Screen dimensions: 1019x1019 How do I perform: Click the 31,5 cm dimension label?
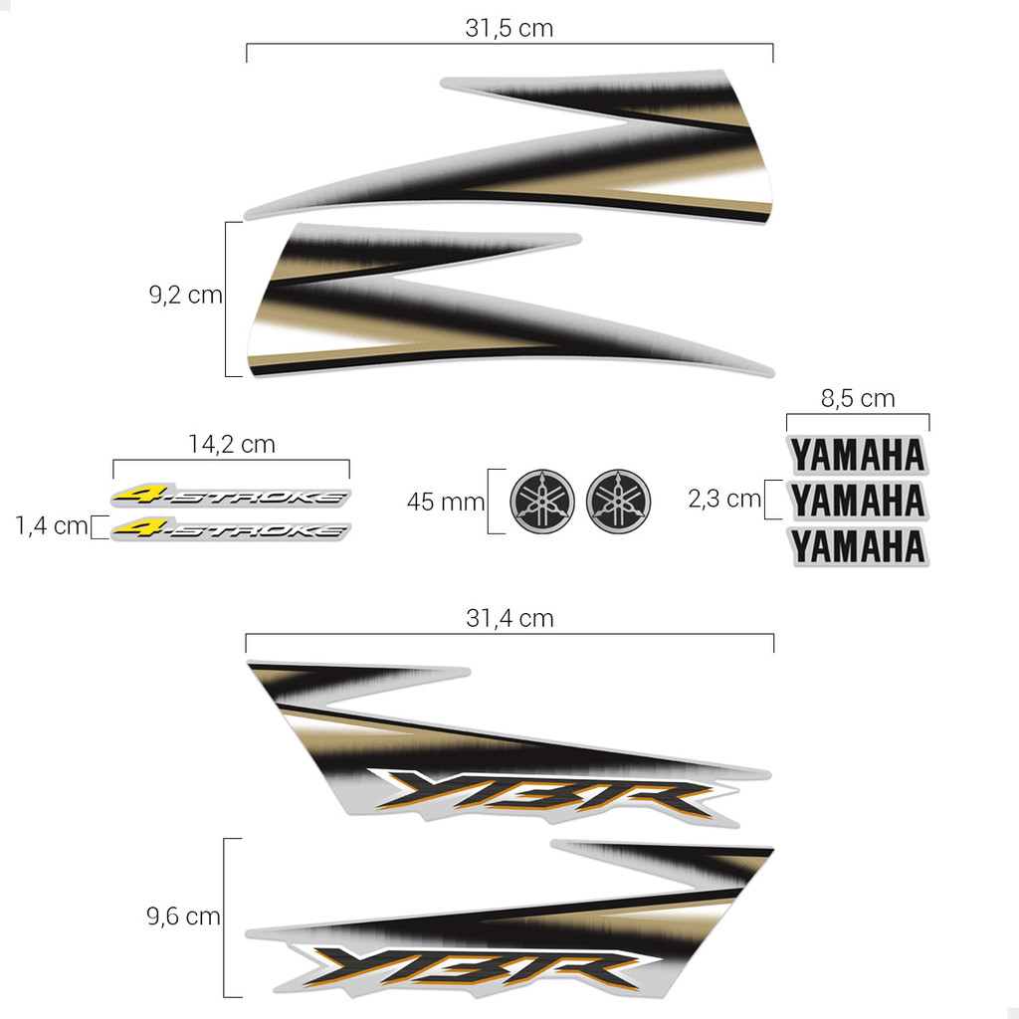click(509, 28)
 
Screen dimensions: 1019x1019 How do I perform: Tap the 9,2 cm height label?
click(185, 295)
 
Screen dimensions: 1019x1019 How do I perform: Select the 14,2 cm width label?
click(231, 444)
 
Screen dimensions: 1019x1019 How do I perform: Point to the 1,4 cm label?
click(52, 525)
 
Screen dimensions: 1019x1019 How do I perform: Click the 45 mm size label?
click(446, 502)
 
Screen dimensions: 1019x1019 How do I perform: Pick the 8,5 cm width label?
click(858, 398)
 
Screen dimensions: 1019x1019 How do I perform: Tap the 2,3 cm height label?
click(724, 499)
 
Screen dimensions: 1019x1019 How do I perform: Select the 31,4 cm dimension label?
click(509, 618)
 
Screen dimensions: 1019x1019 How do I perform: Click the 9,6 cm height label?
click(183, 916)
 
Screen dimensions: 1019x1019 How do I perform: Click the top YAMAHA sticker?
click(858, 455)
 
